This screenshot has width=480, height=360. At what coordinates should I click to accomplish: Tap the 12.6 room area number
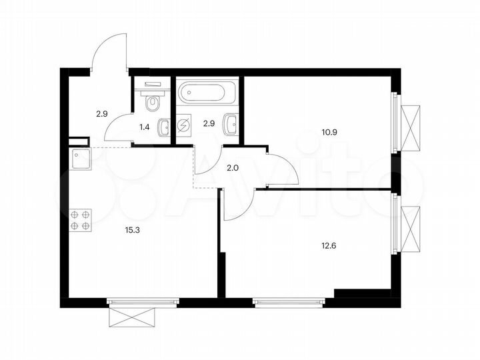coord(331,245)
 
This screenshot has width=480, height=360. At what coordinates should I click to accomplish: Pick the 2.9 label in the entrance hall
coord(101,114)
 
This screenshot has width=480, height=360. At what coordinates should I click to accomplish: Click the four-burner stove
coord(80,220)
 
